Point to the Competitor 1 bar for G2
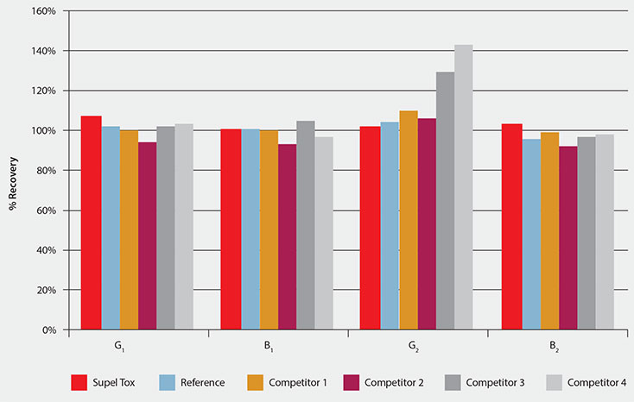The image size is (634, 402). point(409,220)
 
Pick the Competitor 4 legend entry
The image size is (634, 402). point(595,381)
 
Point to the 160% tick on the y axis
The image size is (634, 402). point(45,12)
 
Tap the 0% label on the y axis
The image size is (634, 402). point(49,330)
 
